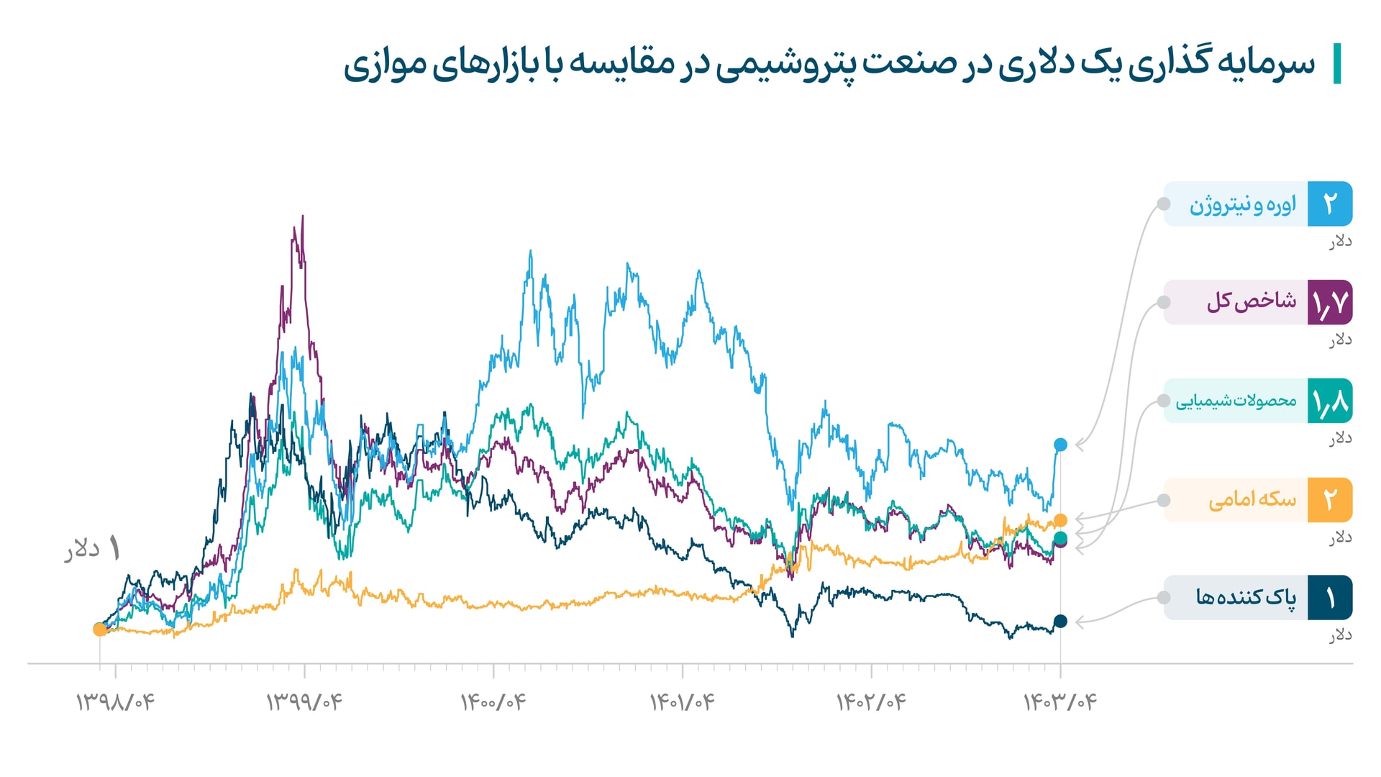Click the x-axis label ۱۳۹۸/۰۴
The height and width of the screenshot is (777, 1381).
pos(115,701)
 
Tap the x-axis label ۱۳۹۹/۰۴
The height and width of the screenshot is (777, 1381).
pos(304,701)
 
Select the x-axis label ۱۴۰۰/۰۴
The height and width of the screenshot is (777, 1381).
pos(493,701)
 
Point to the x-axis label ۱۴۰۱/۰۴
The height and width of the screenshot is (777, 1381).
pos(683,701)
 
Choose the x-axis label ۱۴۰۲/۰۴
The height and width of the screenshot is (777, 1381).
pos(871,701)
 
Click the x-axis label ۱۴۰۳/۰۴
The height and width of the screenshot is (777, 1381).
pos(1060,701)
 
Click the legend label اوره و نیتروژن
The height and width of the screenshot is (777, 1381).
pos(1242,205)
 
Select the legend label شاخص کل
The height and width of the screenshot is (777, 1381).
pos(1251,301)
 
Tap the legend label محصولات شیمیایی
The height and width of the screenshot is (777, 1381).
pos(1236,401)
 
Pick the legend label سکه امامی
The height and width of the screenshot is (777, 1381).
pos(1252,499)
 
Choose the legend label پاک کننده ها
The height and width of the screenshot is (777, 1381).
pos(1246,597)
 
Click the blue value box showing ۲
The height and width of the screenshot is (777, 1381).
pos(1330,204)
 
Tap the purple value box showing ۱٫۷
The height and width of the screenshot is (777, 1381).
pos(1330,302)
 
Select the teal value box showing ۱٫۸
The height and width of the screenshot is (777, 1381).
pos(1330,401)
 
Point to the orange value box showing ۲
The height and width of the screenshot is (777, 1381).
pos(1330,499)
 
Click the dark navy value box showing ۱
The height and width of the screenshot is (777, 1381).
pos(1330,597)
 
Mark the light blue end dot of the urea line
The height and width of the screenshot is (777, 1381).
pos(1060,445)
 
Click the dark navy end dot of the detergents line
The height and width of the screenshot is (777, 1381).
pos(1060,621)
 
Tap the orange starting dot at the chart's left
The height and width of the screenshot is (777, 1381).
pos(100,630)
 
